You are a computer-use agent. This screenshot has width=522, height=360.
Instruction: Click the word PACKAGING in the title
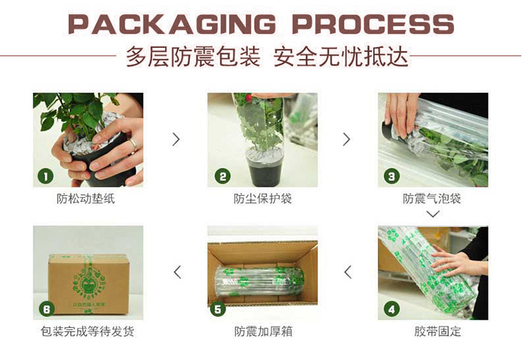click(172, 24)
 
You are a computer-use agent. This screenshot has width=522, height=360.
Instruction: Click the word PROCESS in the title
click(373, 24)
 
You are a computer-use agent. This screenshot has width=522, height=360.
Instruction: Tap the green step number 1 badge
click(46, 176)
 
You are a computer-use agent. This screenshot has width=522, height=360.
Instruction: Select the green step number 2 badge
click(223, 176)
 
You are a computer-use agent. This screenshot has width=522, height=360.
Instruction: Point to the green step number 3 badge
click(392, 176)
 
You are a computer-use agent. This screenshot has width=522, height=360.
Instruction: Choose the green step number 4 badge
click(392, 309)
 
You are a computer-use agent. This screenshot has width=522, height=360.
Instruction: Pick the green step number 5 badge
click(218, 309)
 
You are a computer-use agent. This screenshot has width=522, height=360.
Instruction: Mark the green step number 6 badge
click(47, 309)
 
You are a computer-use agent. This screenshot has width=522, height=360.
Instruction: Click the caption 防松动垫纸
click(86, 198)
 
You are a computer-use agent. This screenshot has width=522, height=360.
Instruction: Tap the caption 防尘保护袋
click(262, 198)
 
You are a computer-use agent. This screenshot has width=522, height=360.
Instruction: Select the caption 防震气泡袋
click(432, 198)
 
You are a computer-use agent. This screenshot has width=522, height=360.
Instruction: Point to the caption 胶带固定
click(438, 331)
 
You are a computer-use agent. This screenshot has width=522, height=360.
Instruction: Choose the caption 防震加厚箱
click(263, 331)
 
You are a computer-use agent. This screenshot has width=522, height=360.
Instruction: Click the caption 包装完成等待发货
click(88, 331)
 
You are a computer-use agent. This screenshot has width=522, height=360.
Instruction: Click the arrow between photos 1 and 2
click(177, 139)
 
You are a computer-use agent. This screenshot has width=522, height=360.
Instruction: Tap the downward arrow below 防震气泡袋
click(433, 214)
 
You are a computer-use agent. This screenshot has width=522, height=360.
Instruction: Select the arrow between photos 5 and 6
click(177, 272)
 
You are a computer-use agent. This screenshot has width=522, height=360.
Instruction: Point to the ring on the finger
click(134, 144)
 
